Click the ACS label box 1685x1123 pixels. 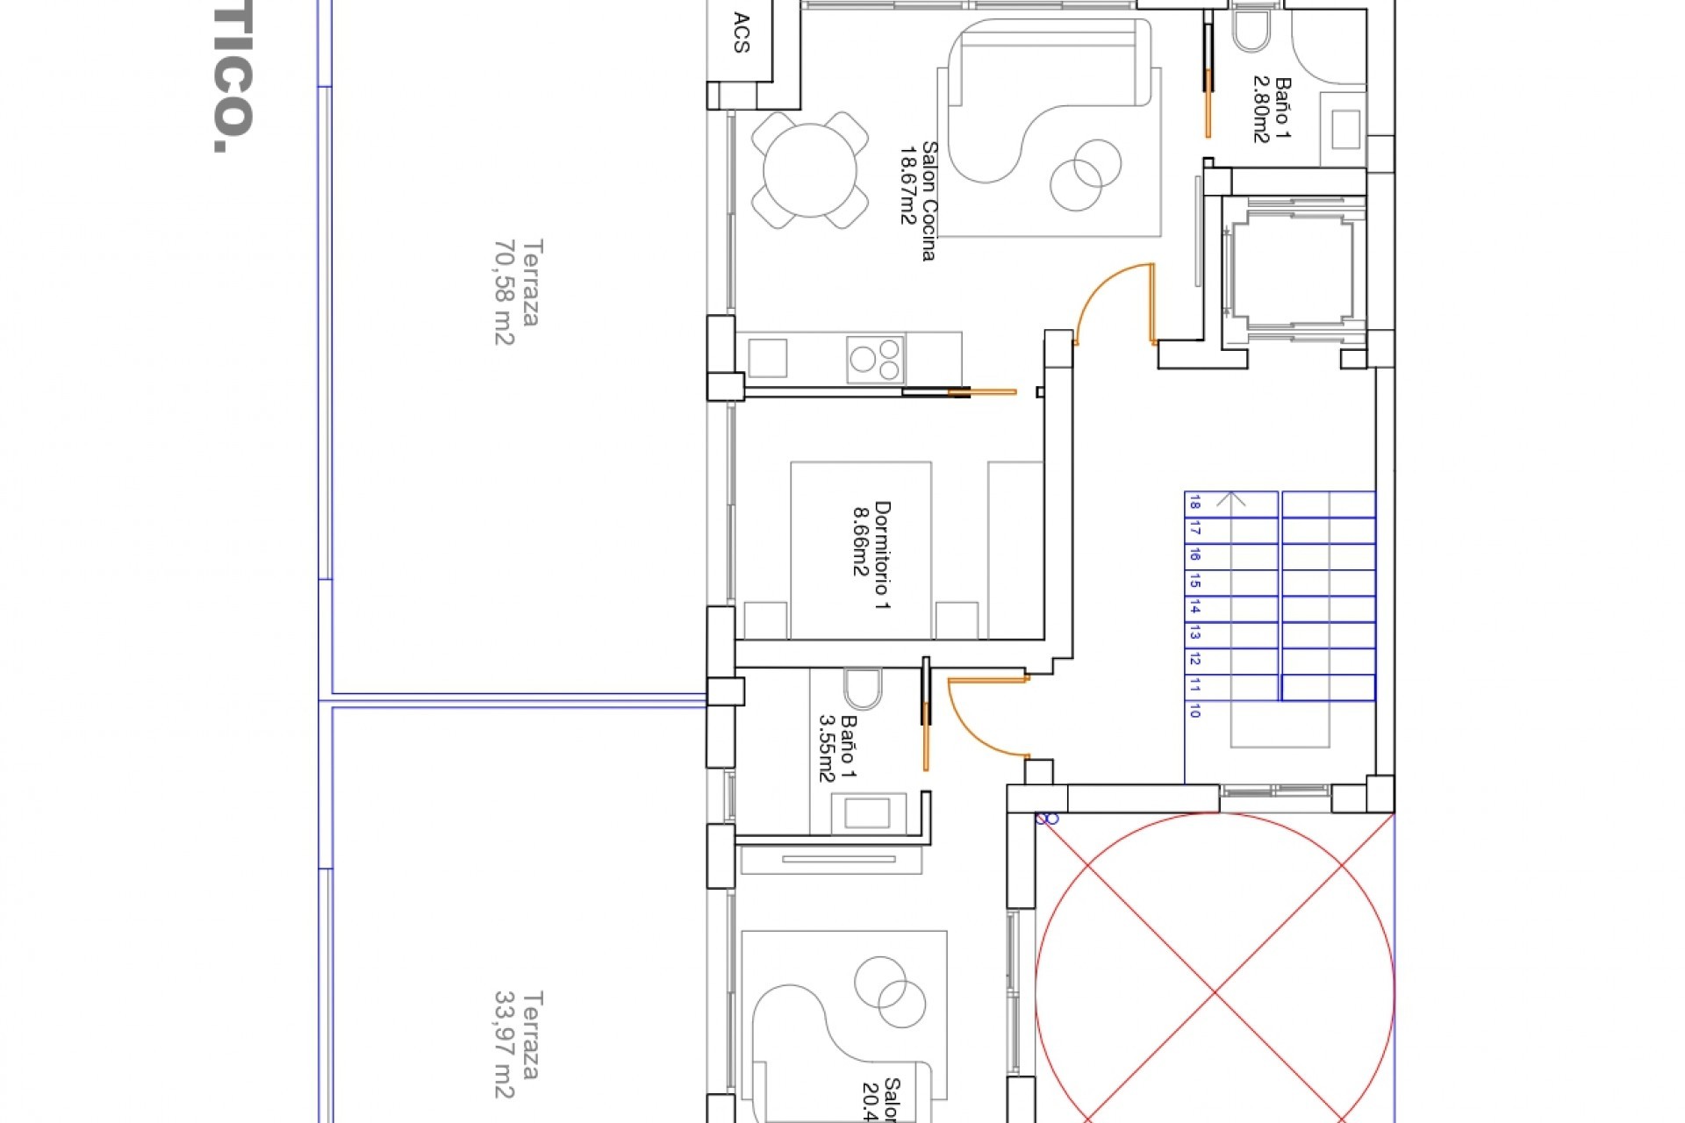point(742,33)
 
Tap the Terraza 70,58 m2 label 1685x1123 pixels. point(516,291)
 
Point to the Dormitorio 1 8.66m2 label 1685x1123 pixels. point(871,554)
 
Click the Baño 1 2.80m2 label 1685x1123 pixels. point(1272,111)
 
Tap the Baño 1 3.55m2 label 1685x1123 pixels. point(837,747)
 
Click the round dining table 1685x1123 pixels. point(809,170)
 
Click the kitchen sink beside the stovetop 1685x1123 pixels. point(767,358)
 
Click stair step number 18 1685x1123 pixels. point(1194,503)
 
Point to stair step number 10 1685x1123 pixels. point(1194,712)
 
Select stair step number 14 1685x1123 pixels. point(1194,607)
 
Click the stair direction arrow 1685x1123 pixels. point(1232,499)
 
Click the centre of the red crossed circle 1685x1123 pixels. point(1215,992)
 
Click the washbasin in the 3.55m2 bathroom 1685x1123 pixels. point(866,812)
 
